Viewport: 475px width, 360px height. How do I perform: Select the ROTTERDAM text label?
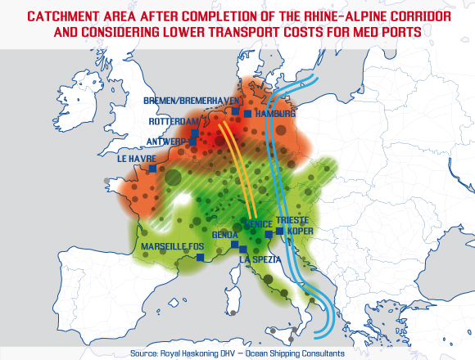coord(174,121)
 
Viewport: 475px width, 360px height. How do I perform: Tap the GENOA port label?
coord(225,235)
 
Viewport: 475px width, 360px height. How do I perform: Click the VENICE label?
coord(259,223)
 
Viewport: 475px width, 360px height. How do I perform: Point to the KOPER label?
coord(301,232)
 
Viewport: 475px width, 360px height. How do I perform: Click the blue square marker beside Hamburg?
coord(247,113)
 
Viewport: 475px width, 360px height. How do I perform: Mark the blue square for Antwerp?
coord(193,142)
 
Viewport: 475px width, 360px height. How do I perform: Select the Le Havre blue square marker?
coord(152,169)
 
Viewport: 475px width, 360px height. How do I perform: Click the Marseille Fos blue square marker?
coord(201,257)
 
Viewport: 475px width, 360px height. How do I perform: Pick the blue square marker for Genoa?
coord(234,245)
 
